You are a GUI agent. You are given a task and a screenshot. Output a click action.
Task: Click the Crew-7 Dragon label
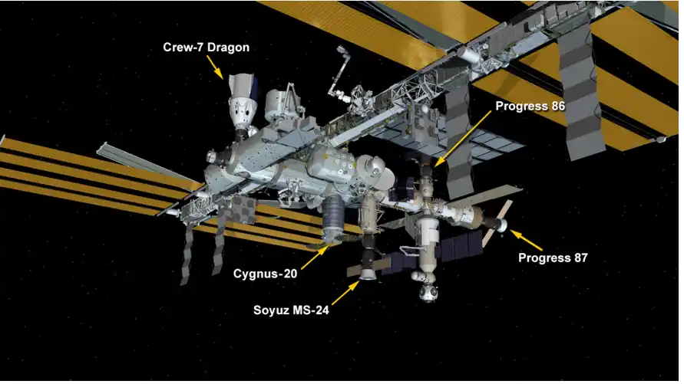(x=206, y=47)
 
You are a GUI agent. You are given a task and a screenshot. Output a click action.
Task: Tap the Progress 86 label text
(x=530, y=106)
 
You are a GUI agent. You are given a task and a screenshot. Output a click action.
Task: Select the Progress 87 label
(x=553, y=258)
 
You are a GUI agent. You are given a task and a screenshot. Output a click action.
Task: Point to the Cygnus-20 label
(x=265, y=274)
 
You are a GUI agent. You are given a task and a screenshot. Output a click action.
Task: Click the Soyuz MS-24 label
(x=291, y=310)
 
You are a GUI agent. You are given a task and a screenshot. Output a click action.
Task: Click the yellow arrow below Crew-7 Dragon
(x=215, y=67)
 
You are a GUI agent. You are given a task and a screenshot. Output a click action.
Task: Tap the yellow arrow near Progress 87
(x=526, y=240)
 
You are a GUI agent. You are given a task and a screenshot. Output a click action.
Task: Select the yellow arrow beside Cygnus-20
(x=315, y=258)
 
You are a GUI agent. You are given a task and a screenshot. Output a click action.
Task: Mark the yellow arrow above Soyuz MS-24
(x=345, y=293)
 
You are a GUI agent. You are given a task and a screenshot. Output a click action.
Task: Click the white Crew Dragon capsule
(x=241, y=103)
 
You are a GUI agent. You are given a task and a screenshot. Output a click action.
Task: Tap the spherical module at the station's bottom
(x=428, y=293)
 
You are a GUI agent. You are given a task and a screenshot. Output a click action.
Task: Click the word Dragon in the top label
(x=229, y=48)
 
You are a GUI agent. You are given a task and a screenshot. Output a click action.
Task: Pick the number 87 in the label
(x=580, y=258)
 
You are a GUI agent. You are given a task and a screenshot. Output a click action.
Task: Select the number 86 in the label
(x=558, y=106)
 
